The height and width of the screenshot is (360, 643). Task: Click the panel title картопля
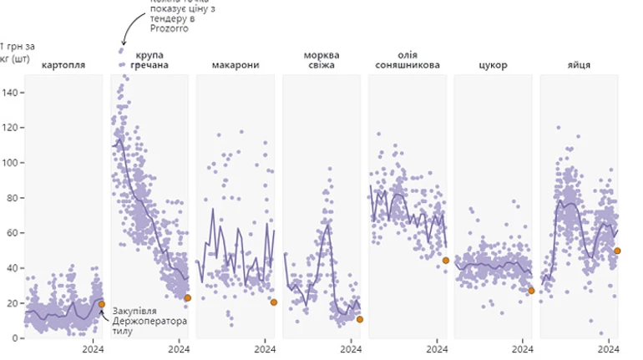coord(63,64)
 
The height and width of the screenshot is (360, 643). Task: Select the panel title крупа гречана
coord(150,59)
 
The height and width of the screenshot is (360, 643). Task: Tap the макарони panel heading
coord(235,64)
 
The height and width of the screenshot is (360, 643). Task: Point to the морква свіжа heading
coord(321,59)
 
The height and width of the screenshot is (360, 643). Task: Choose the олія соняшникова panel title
coord(408,59)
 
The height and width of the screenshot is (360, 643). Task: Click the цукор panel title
coord(494,64)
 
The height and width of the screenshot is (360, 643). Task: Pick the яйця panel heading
coord(579,64)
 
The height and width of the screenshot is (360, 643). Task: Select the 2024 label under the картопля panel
coord(93,350)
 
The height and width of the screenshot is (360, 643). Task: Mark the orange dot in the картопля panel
coord(102,304)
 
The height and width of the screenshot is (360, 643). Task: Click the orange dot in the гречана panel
coord(188,298)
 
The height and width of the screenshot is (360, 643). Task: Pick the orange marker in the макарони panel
coord(274,302)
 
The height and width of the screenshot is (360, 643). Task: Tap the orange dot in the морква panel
coord(360,319)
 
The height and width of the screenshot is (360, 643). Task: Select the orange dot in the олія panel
coord(446,261)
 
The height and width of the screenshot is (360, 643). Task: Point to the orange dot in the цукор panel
coord(532,291)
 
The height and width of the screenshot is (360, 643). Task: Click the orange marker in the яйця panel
coord(617,251)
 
